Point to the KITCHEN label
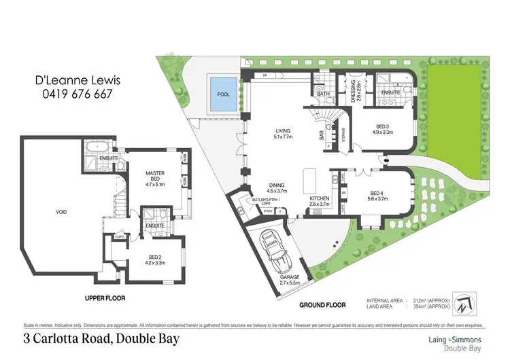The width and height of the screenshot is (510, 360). (x=319, y=200)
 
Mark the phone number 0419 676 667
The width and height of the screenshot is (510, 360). (x=75, y=94)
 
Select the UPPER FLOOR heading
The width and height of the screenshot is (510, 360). (x=106, y=298)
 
